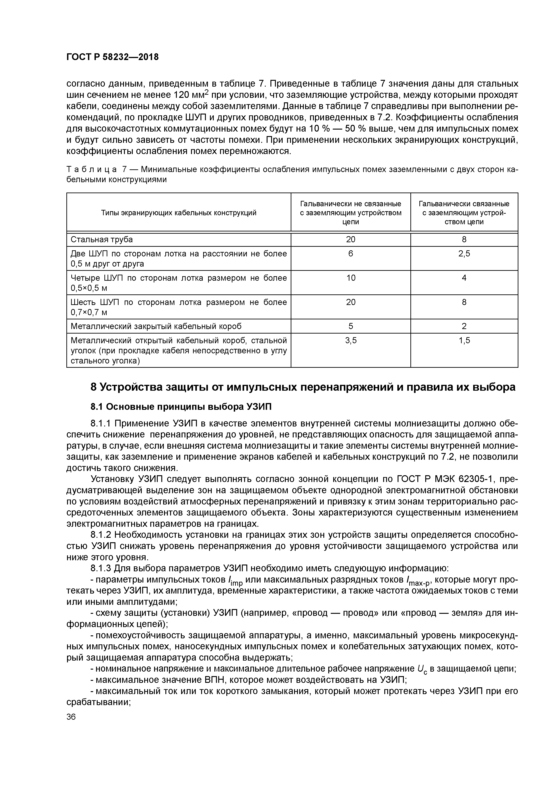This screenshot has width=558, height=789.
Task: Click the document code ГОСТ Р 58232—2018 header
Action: [112, 57]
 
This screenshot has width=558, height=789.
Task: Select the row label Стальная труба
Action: [101, 240]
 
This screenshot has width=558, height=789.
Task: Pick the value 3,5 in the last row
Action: [351, 340]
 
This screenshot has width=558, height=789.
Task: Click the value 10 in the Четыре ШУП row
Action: [351, 278]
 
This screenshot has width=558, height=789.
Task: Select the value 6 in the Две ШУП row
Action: [351, 254]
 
